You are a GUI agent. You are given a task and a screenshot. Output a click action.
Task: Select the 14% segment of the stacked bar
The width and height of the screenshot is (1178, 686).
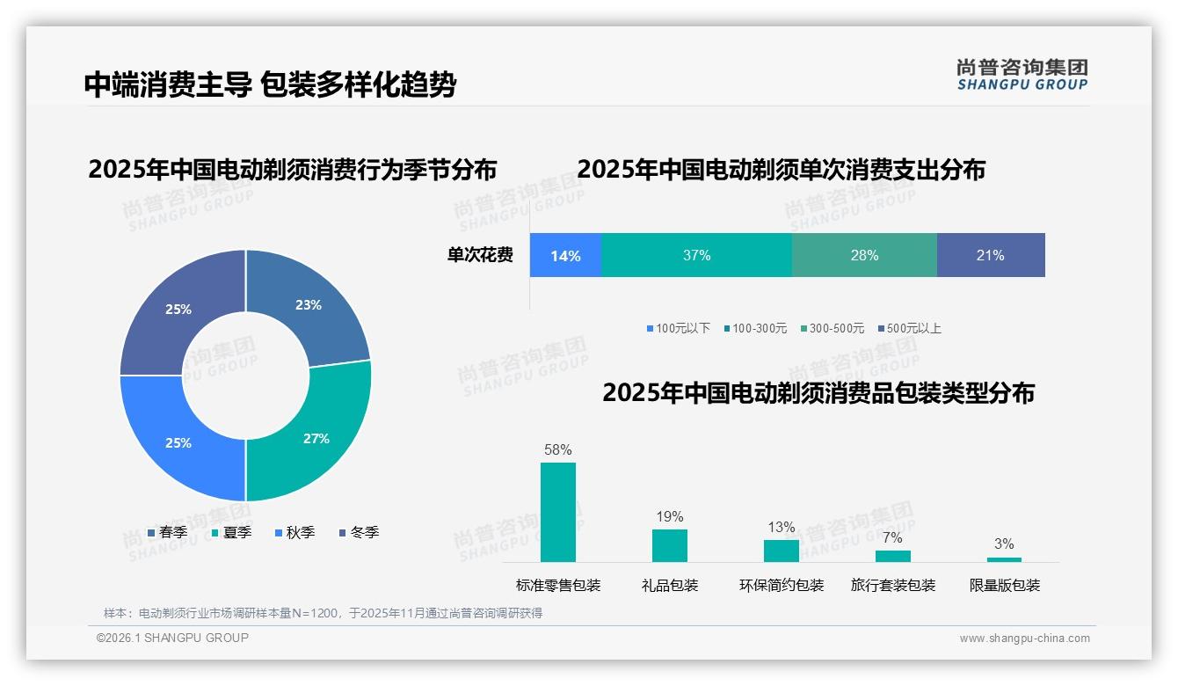tap(565, 255)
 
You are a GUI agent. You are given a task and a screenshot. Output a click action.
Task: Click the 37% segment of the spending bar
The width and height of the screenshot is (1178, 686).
tap(696, 255)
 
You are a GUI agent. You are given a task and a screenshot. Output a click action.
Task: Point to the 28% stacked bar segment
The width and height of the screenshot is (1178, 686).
tap(864, 255)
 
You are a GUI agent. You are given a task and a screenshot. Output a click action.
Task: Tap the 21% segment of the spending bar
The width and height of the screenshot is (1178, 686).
tap(991, 255)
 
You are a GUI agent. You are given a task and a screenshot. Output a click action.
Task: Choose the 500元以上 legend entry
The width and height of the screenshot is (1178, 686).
tap(909, 328)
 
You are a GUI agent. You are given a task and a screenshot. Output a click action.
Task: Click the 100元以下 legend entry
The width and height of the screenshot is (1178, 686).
tap(678, 328)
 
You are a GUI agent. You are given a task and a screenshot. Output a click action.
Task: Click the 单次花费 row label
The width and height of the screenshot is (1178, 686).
tap(480, 255)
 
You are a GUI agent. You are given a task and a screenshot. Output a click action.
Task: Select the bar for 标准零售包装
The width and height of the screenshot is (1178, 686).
tap(557, 512)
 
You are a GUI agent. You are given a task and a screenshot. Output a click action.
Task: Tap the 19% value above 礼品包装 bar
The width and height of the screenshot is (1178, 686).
tap(669, 516)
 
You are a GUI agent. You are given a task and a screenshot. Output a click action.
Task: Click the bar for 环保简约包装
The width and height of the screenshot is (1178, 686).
tap(781, 551)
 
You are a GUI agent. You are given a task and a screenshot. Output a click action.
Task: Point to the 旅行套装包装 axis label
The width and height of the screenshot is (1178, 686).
tap(892, 585)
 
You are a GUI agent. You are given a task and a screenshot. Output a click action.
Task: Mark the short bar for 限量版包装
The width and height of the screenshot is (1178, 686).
tap(1004, 559)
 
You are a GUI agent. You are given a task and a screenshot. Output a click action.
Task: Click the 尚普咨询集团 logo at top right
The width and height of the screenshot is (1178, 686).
tap(1022, 74)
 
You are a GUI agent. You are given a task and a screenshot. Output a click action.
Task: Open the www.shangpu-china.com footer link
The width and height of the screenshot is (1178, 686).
tap(1024, 639)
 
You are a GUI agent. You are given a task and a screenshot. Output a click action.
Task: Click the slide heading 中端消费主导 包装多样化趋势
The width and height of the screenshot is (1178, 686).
tap(270, 84)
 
